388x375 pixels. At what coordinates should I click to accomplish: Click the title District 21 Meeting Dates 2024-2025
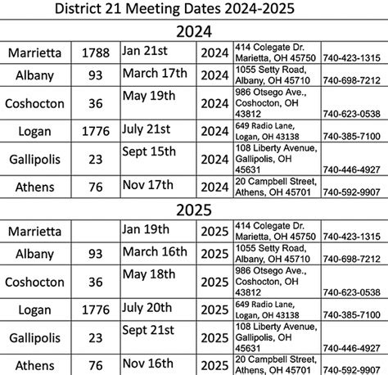point(194,11)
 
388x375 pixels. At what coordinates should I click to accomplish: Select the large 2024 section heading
point(194,32)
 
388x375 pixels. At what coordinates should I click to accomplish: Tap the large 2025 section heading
point(194,210)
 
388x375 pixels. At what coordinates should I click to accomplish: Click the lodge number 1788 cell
point(96,53)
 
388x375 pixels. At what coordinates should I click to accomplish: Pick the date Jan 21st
point(143,50)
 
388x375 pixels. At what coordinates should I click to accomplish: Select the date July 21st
point(145,129)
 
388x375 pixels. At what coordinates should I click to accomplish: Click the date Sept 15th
point(148,151)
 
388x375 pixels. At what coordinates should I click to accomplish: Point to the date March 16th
point(151,252)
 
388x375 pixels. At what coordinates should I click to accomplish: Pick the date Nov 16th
point(147,361)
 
